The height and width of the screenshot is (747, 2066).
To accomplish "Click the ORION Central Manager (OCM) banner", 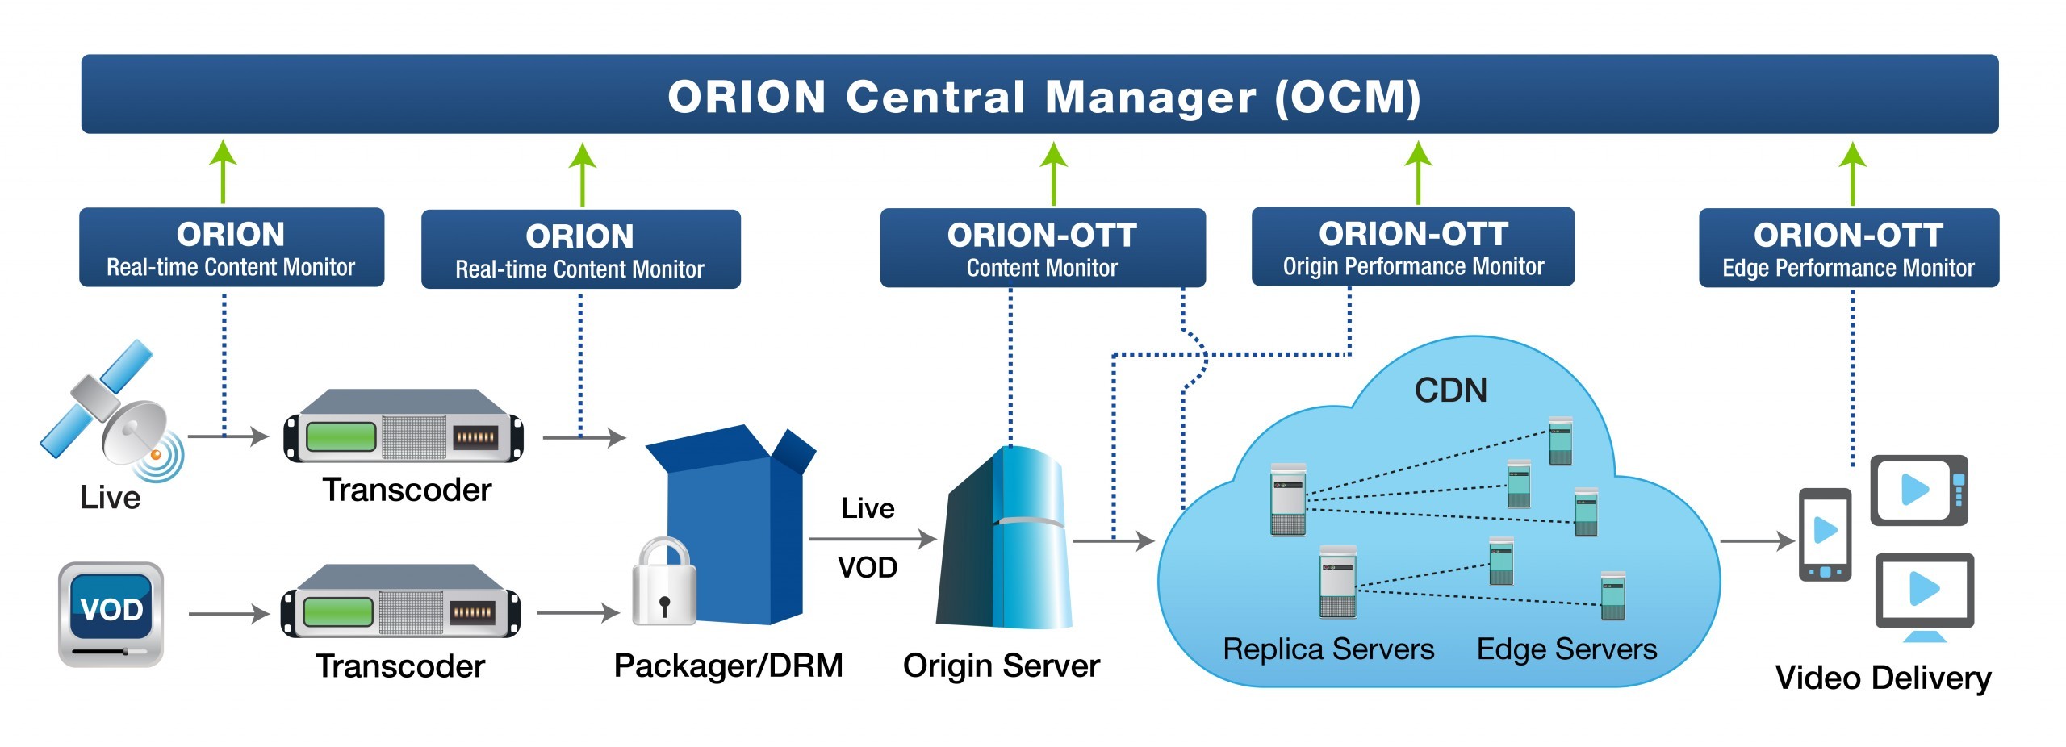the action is pyautogui.click(x=1039, y=94).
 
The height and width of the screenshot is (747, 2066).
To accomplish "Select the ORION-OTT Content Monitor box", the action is pyautogui.click(x=1043, y=248).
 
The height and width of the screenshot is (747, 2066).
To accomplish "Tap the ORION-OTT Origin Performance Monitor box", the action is pyautogui.click(x=1412, y=247).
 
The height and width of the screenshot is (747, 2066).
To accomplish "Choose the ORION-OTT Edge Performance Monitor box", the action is pyautogui.click(x=1849, y=248).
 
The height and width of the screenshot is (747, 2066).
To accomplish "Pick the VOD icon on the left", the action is pyautogui.click(x=111, y=615).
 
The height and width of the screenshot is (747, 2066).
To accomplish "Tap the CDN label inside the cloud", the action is pyautogui.click(x=1450, y=390).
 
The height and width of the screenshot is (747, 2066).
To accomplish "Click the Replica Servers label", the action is pyautogui.click(x=1328, y=649).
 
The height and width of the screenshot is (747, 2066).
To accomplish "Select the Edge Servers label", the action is pyautogui.click(x=1566, y=649).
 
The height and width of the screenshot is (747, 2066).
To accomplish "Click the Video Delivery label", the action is pyautogui.click(x=1883, y=678).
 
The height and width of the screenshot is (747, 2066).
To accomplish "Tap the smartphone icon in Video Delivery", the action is pyautogui.click(x=1825, y=535).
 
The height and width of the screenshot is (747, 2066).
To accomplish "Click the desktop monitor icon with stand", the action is pyautogui.click(x=1924, y=598).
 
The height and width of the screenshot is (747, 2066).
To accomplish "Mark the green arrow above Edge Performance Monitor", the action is pyautogui.click(x=1852, y=173).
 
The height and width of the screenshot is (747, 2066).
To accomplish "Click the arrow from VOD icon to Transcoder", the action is pyautogui.click(x=228, y=614).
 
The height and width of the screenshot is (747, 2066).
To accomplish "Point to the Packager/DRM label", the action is pyautogui.click(x=728, y=666).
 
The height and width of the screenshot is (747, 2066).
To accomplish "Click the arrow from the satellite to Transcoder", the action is pyautogui.click(x=228, y=436).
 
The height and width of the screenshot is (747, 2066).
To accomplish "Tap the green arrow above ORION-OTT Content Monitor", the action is pyautogui.click(x=1053, y=173).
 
